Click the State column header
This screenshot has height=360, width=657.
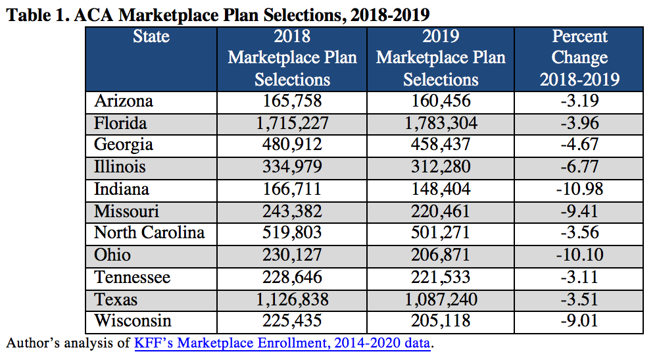[151, 36]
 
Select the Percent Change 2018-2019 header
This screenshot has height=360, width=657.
[579, 58]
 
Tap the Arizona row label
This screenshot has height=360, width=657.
[124, 101]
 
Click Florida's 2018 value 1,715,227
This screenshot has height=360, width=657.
[293, 123]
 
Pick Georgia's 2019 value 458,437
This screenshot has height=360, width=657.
[441, 145]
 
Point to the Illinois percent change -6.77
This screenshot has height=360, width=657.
[580, 167]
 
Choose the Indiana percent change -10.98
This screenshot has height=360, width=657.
[580, 189]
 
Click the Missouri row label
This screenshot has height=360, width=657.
[126, 211]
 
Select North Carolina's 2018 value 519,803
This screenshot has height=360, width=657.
[293, 232]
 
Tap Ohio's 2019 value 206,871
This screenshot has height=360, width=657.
[441, 255]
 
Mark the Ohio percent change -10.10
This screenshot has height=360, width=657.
[580, 255]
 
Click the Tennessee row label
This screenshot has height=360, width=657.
[132, 278]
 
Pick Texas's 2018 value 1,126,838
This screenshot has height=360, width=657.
[293, 299]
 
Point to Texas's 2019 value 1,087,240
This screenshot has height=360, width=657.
[441, 299]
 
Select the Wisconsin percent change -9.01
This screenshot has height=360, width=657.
[580, 321]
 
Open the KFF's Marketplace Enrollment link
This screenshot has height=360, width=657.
[282, 344]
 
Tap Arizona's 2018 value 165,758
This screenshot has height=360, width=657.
[293, 101]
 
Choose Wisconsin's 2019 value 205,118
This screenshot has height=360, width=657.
[441, 321]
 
